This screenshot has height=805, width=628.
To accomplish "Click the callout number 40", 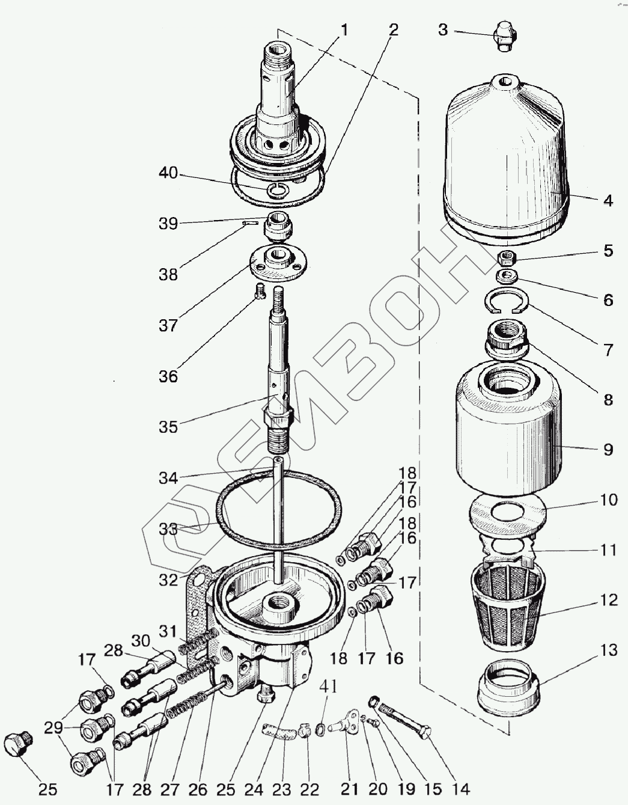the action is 168,174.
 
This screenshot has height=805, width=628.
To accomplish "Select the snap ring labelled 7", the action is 508,301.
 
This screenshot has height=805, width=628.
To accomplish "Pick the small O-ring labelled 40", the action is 278,191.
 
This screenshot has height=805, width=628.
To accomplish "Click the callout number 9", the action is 608,448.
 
